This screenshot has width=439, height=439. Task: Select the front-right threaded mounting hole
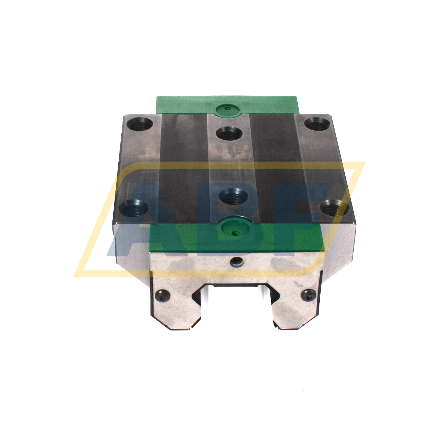pos(333,207)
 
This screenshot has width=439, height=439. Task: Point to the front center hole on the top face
pos(233,196)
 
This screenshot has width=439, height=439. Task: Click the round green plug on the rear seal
pos(228,109)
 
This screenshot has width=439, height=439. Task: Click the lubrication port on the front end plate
pos(236,261)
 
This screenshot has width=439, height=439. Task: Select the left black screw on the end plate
pos(162,295)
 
